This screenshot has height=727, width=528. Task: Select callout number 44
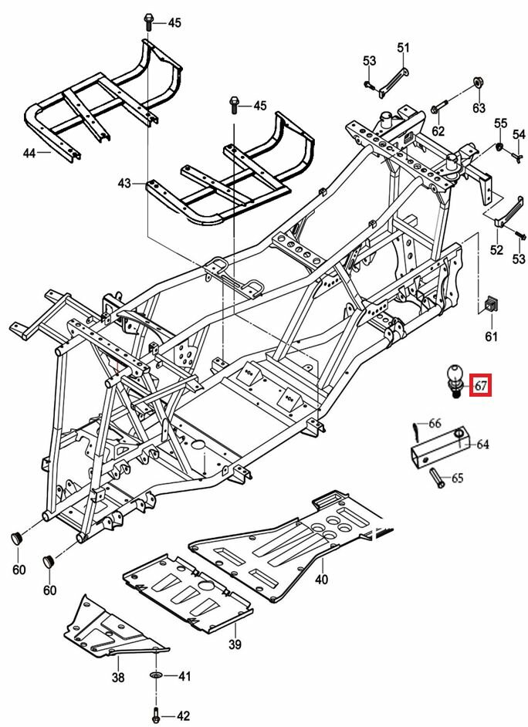click(x=29, y=154)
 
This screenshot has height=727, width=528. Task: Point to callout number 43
click(x=125, y=183)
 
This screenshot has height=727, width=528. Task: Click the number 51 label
click(x=403, y=48)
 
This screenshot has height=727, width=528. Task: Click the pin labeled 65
click(x=434, y=478)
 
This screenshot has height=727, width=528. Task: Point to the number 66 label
click(x=435, y=423)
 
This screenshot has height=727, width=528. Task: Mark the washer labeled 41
click(x=157, y=677)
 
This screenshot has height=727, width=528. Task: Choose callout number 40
click(x=321, y=579)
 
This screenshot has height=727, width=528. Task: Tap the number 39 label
click(x=235, y=644)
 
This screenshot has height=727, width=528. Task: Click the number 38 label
click(x=117, y=677)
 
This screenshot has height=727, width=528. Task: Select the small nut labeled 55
click(x=499, y=146)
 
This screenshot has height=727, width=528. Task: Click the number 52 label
click(x=496, y=250)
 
